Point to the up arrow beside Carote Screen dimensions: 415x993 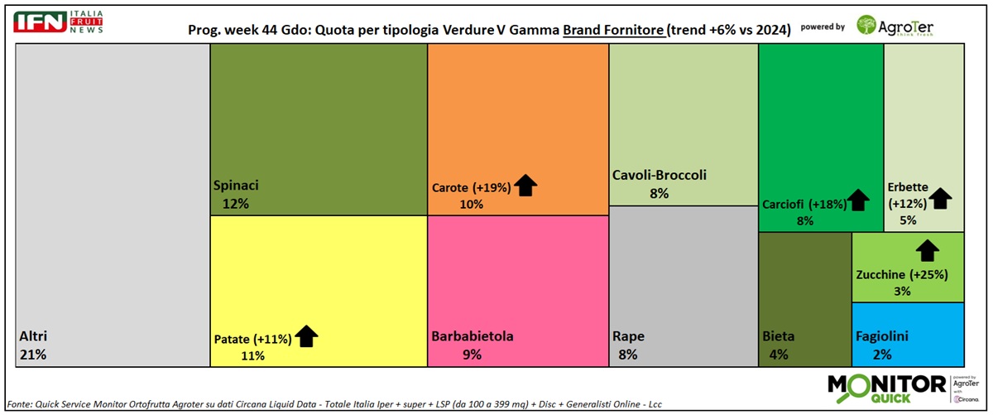[x=525, y=186]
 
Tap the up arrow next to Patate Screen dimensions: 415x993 [x=307, y=335]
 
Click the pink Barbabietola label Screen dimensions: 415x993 [x=473, y=336]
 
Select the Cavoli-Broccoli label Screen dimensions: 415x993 [x=660, y=176]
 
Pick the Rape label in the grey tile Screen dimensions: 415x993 [x=628, y=336]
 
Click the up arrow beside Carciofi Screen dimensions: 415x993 [x=858, y=200]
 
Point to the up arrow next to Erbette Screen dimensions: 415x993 [x=941, y=198]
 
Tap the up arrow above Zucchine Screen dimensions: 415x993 [x=928, y=249]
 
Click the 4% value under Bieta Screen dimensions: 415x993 [x=778, y=355]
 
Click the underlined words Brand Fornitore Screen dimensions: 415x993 [x=614, y=29]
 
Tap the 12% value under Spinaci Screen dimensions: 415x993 [x=236, y=203]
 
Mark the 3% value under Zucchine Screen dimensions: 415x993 [x=901, y=291]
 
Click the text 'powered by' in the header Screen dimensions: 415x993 [x=823, y=27]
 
